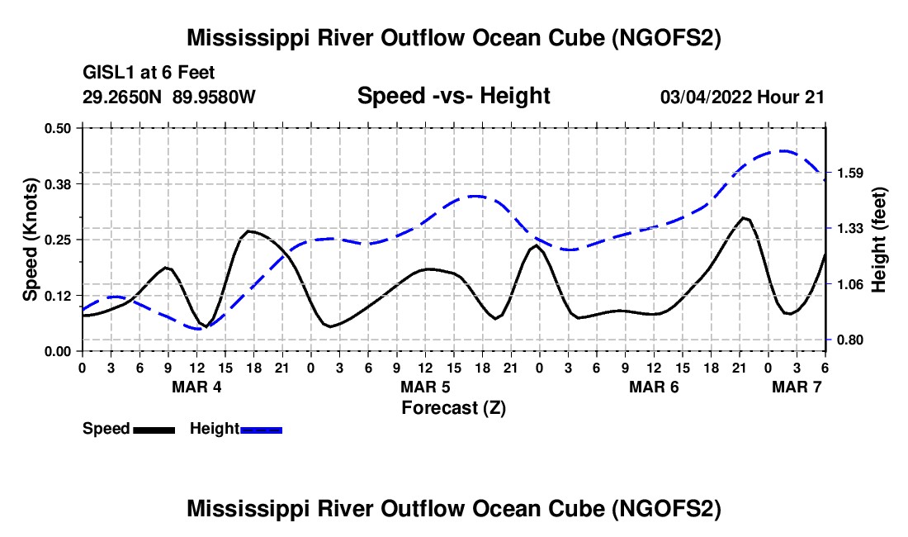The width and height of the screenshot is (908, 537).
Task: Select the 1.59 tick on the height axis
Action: point(848,173)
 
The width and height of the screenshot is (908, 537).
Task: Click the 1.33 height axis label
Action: point(848,229)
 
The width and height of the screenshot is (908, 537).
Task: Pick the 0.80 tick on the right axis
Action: point(848,340)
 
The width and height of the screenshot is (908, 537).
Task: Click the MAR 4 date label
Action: point(196,387)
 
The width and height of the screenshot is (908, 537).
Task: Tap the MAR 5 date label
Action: point(425,387)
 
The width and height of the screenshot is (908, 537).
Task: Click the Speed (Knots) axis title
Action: point(31,239)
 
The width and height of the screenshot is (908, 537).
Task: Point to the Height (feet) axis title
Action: point(880,239)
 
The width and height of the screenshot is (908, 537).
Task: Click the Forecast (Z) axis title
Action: point(453,407)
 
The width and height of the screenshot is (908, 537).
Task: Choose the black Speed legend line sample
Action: point(154,430)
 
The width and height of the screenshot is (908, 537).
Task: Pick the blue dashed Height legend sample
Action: point(261,430)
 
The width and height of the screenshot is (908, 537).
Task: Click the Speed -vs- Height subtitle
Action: point(453,96)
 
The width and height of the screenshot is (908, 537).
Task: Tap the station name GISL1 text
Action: point(111,74)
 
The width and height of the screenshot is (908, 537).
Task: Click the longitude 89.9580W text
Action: point(215,97)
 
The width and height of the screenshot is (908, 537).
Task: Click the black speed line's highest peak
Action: point(745,218)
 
